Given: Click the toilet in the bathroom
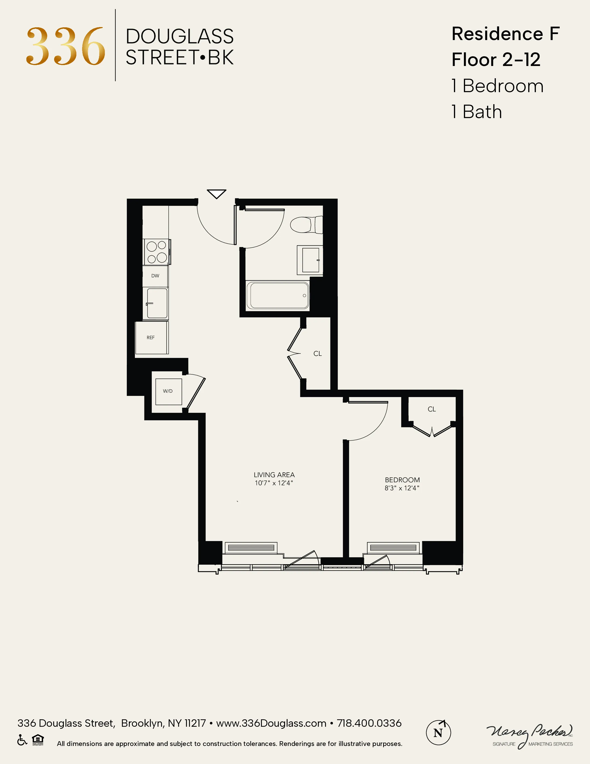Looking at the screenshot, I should [x=306, y=225].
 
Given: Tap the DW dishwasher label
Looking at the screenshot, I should [x=155, y=276].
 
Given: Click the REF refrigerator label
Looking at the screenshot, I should [x=151, y=338].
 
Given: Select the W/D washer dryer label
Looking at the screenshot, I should [x=168, y=391].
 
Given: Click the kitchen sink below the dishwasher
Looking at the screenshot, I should [x=157, y=303].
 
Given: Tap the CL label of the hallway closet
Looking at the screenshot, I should [x=317, y=354].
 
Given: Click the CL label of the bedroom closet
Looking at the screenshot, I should [x=432, y=409].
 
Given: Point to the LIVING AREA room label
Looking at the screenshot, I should [x=274, y=475].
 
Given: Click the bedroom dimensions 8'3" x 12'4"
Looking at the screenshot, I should [x=402, y=488].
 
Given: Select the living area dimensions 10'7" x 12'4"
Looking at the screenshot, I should [x=274, y=483].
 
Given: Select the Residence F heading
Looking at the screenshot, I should [x=505, y=34].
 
